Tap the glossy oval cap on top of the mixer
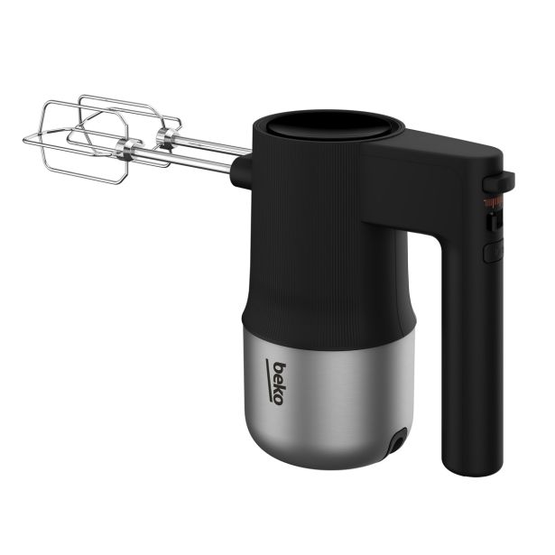tap(328, 127)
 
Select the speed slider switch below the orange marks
tap(494, 219)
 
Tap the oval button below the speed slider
tap(492, 251)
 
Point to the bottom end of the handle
tap(467, 469)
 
